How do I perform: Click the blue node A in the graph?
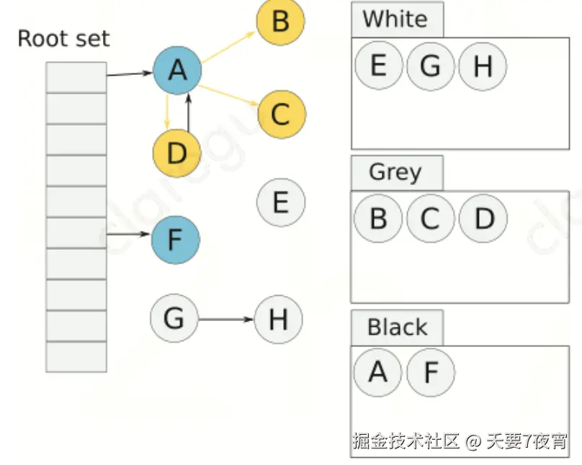point(176,71)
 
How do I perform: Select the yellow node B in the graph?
point(280,21)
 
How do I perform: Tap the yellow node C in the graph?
point(281,114)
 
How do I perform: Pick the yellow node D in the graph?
point(176,153)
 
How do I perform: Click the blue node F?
point(174,239)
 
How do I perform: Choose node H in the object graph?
point(279,319)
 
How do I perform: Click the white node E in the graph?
point(281,202)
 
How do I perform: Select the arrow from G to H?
point(226,319)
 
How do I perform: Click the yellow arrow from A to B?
point(228,47)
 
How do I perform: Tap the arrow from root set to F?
point(129,235)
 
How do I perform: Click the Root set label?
point(63,38)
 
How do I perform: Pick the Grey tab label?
point(395,173)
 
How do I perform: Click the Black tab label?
point(397,328)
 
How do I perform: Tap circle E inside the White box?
point(378,66)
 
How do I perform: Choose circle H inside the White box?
point(483,66)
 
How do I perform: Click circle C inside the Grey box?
point(430,218)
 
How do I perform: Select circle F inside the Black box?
point(431,372)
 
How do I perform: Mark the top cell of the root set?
point(76,77)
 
